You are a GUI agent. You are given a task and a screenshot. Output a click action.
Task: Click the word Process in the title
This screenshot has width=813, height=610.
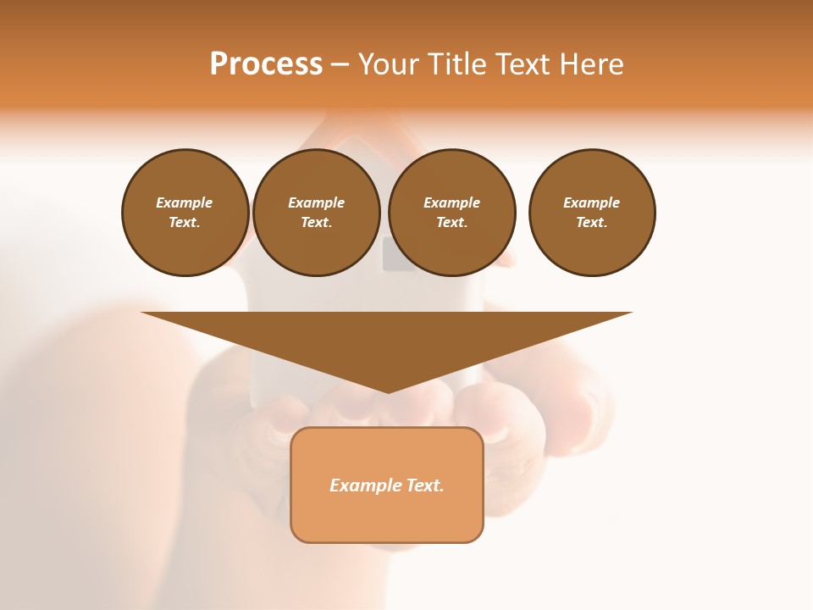(266, 64)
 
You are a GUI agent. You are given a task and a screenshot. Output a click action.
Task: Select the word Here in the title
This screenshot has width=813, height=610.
(592, 64)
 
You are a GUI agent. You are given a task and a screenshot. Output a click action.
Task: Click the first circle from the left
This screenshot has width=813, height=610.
(185, 213)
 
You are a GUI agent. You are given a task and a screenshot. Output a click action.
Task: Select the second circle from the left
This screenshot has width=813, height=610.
(316, 213)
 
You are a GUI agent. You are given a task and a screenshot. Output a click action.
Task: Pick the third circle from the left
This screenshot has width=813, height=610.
(451, 213)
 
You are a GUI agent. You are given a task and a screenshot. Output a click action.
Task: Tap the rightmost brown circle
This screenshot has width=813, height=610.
(592, 213)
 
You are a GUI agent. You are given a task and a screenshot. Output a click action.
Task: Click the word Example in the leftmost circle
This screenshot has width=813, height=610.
(185, 202)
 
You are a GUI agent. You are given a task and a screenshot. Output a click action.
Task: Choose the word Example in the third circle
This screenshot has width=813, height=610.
(451, 202)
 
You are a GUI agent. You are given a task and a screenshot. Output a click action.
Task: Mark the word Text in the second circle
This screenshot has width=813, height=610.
(315, 222)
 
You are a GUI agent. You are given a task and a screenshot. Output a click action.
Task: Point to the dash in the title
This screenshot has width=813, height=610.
(340, 64)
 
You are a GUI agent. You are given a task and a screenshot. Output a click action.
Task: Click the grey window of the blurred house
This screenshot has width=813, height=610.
(399, 254)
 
